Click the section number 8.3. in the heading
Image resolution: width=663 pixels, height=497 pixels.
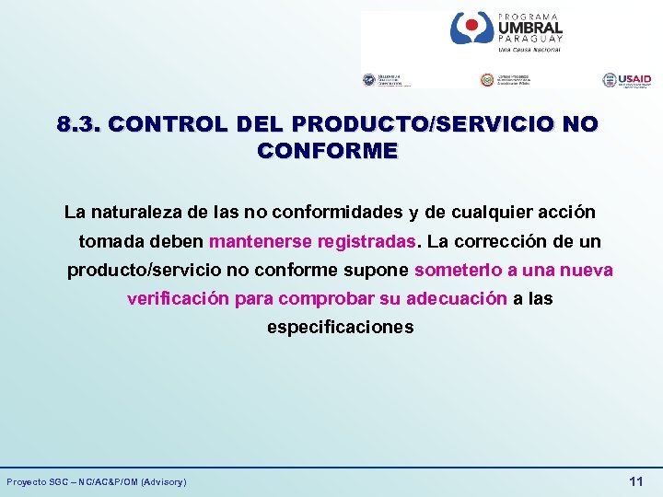pyautogui.click(x=77, y=123)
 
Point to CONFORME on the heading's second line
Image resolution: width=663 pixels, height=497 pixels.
pyautogui.click(x=329, y=151)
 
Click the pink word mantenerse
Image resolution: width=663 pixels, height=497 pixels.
pyautogui.click(x=261, y=243)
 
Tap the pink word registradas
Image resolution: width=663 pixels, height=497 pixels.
pyautogui.click(x=367, y=243)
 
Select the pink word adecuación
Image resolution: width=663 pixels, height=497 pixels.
pyautogui.click(x=457, y=299)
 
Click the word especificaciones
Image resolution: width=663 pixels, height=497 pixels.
pyautogui.click(x=340, y=328)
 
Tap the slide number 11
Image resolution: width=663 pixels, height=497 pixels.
pyautogui.click(x=635, y=481)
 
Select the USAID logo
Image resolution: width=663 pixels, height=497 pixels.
pyautogui.click(x=627, y=81)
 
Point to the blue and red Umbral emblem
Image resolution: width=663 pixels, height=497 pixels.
pyautogui.click(x=471, y=29)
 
